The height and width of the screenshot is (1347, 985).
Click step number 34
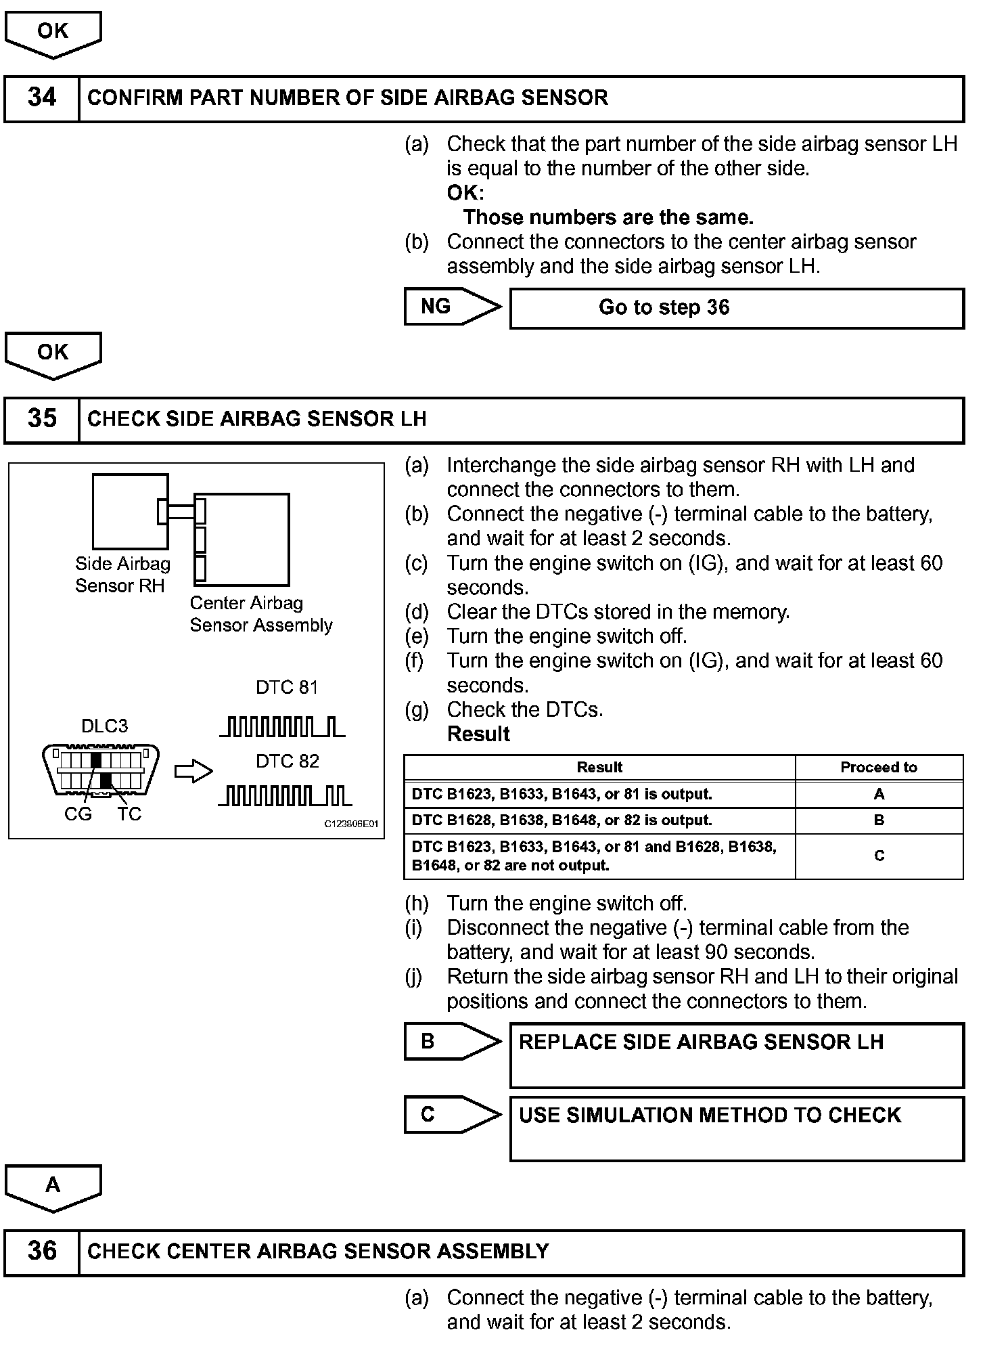click(x=42, y=98)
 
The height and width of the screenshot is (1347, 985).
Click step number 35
click(x=42, y=419)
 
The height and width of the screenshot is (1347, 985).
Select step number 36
click(x=42, y=1251)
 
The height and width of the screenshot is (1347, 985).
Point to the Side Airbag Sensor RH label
click(x=122, y=575)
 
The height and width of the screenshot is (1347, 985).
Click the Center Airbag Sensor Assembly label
click(x=260, y=614)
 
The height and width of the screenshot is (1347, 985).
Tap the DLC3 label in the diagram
click(x=104, y=726)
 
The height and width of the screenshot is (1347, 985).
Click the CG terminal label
click(x=78, y=814)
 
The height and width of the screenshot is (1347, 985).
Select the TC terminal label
click(x=129, y=814)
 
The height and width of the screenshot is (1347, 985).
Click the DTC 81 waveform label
click(x=287, y=688)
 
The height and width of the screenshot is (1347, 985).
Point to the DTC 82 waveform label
click(x=287, y=761)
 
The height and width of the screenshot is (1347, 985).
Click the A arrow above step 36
click(x=53, y=1186)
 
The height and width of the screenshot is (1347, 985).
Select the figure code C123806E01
click(x=351, y=824)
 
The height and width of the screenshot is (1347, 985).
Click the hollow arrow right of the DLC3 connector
click(x=193, y=772)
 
